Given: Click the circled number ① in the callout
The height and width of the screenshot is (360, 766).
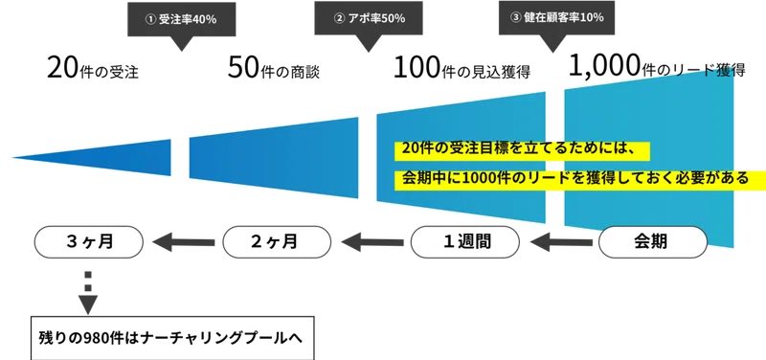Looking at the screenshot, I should pyautogui.click(x=148, y=19).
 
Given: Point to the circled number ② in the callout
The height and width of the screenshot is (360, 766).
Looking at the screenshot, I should pyautogui.click(x=337, y=19).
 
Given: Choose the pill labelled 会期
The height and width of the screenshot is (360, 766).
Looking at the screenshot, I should pyautogui.click(x=654, y=242).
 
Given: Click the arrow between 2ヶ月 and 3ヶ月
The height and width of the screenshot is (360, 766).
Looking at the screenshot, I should pyautogui.click(x=181, y=243).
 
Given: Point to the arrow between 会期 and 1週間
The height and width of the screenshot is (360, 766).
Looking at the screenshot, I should pyautogui.click(x=559, y=243).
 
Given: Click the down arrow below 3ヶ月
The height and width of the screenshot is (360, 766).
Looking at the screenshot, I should pyautogui.click(x=86, y=289).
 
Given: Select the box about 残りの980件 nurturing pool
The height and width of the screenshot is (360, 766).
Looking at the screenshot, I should pyautogui.click(x=172, y=338).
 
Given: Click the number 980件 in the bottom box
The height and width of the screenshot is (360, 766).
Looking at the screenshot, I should pyautogui.click(x=97, y=338).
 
